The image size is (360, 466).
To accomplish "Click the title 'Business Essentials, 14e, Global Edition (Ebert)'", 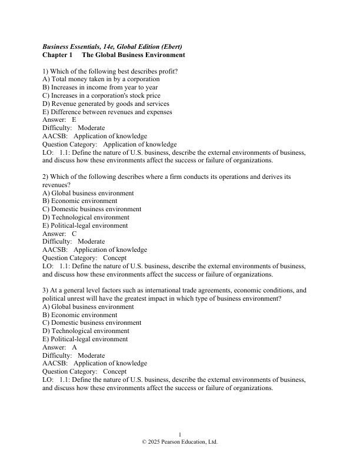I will [x=112, y=46].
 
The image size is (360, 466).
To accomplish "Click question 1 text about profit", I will [x=110, y=71].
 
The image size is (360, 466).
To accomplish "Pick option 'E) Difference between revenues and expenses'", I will [x=107, y=111].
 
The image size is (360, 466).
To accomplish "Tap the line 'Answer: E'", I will [x=59, y=119].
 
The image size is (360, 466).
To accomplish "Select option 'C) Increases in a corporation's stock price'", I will [x=101, y=95].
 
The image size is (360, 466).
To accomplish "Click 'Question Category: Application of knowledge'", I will [x=109, y=144].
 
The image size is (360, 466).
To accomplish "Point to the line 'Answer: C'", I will [x=59, y=234].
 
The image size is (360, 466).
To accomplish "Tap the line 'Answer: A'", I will [x=59, y=348].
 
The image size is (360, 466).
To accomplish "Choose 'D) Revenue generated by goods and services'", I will [x=104, y=104].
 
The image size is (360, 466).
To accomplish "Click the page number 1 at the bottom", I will [x=180, y=434].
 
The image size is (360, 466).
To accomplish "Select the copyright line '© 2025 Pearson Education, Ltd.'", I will [x=180, y=442].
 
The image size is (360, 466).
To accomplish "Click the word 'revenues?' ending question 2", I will [x=56, y=185].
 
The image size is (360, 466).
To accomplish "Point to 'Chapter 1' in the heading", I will [x=57, y=55].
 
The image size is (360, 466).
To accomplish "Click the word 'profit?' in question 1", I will [x=167, y=71].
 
